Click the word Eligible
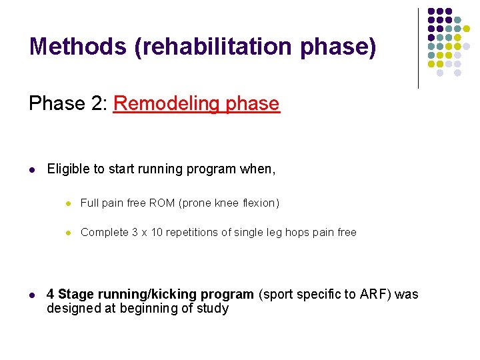[69, 169]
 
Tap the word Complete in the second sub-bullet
[104, 232]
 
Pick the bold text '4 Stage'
[71, 295]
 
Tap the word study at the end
[213, 309]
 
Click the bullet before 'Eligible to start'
[33, 169]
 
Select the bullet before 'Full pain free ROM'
[67, 203]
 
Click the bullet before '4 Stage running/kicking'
[33, 295]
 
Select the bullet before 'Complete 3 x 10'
[67, 232]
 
